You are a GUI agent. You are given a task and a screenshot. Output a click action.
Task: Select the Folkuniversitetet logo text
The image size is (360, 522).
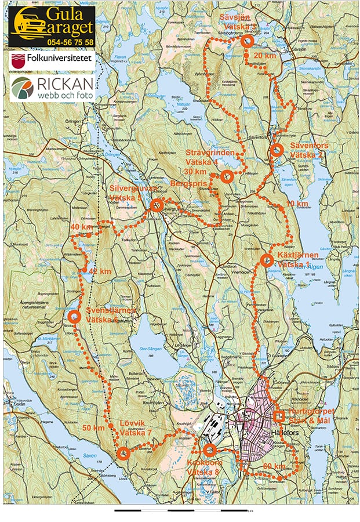tap(57, 59)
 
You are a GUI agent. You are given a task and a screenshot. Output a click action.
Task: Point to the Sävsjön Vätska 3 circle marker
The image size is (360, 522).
tap(246, 41)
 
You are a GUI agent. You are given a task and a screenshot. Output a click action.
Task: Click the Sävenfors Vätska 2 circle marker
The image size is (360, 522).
tap(277, 150)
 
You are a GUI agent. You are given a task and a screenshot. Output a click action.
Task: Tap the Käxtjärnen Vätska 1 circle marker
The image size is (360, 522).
tap(266, 260)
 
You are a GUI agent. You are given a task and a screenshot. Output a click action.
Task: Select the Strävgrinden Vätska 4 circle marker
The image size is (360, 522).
tap(227, 176)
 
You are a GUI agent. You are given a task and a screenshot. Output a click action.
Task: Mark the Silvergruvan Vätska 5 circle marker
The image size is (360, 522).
tap(155, 205)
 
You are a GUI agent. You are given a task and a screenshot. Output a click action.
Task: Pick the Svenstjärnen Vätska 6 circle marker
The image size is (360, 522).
tap(74, 317)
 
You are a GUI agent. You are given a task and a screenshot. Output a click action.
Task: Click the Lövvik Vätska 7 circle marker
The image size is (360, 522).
tap(123, 454)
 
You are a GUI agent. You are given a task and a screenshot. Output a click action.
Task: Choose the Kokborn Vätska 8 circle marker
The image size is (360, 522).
tap(209, 450)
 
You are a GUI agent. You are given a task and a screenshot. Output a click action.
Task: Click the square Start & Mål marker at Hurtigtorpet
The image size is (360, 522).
tap(279, 416)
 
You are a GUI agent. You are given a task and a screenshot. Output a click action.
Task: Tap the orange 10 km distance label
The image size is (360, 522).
tap(297, 204)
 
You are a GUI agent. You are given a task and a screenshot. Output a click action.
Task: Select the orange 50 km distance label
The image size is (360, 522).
tap(93, 427)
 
